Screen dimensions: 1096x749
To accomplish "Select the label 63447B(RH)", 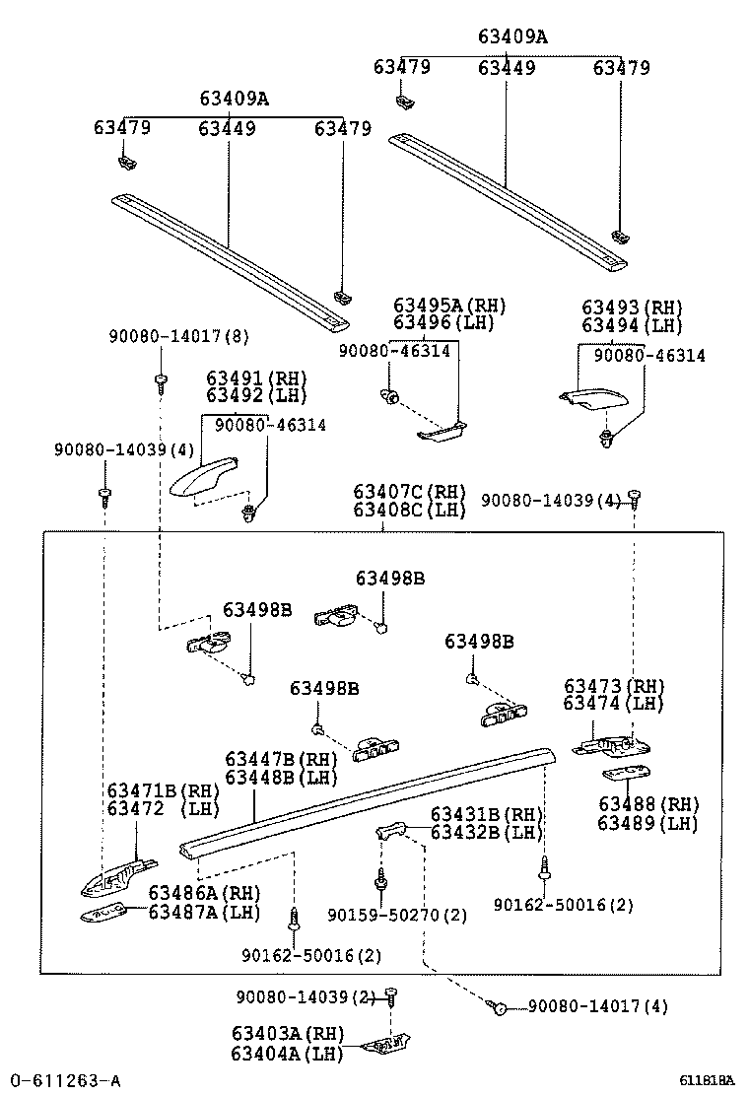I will point(281,759).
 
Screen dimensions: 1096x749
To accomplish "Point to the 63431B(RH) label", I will point(487,814).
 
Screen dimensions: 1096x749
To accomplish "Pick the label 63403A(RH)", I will point(287,1034).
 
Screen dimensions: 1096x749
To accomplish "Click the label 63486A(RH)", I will point(204,893).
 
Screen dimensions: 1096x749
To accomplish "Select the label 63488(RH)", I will point(647,804).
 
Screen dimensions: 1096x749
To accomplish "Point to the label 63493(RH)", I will point(632,308).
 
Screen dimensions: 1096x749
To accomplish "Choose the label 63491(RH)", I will point(256,378).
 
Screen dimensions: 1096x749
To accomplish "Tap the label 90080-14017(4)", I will point(598,1006).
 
